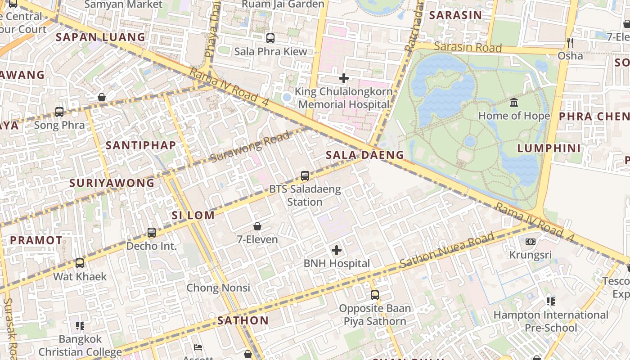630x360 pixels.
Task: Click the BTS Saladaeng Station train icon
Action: click(305, 176)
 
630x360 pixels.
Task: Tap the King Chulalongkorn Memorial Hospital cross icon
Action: click(344, 78)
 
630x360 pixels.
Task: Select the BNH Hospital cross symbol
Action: click(337, 250)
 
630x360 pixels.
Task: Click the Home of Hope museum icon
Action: click(514, 103)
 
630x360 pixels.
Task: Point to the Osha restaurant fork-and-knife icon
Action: click(570, 43)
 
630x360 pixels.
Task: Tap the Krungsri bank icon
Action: click(531, 242)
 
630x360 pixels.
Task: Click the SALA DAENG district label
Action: click(365, 155)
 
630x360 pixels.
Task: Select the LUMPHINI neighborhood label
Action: click(549, 148)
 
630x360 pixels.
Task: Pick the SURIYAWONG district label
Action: click(112, 183)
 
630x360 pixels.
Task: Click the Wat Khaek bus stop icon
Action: click(80, 263)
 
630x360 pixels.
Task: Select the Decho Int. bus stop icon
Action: click(152, 233)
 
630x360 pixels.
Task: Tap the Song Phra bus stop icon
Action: click(59, 112)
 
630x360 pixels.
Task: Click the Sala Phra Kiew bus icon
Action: click(270, 38)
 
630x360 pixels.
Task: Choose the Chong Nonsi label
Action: click(218, 288)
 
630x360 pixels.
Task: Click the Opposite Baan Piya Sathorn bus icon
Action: click(375, 295)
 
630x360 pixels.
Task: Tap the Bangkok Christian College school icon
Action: click(80, 325)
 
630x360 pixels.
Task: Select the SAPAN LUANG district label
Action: click(101, 37)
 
